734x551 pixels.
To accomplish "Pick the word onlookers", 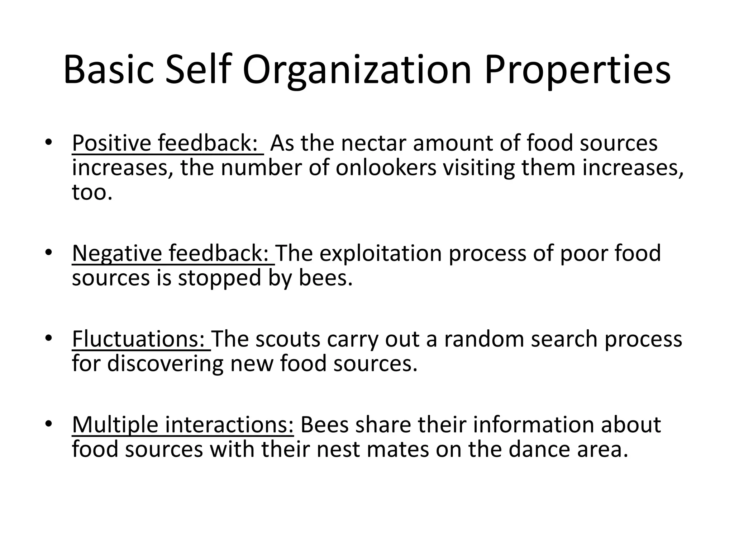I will pyautogui.click(x=386, y=168).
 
